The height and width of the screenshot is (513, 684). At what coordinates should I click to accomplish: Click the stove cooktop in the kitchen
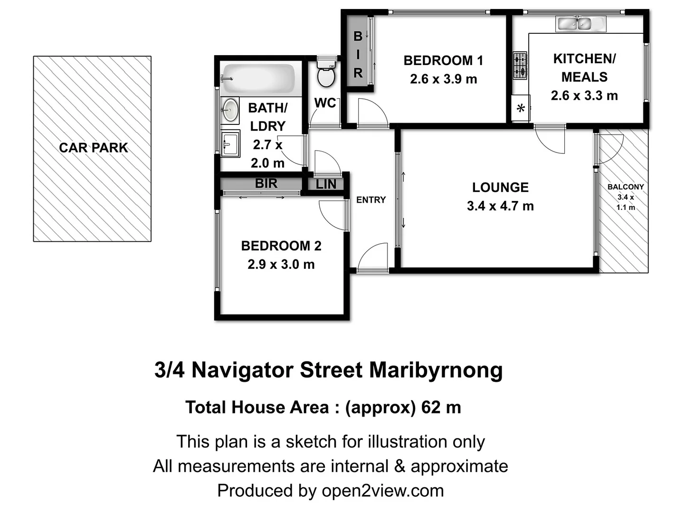coord(520,66)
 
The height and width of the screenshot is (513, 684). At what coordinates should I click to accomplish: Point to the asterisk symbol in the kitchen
coord(521,109)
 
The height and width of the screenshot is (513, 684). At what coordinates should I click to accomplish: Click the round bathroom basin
coord(230,110)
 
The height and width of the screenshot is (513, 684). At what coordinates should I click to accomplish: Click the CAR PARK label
coord(94,148)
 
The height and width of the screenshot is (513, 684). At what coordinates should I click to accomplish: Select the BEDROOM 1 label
coord(443,61)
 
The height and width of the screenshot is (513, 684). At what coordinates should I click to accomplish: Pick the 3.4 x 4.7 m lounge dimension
coord(500,206)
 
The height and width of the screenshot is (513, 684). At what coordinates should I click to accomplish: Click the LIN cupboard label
coord(326,184)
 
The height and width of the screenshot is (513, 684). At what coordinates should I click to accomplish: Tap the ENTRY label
coord(371,200)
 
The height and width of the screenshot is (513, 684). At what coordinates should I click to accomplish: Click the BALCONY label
coord(626,187)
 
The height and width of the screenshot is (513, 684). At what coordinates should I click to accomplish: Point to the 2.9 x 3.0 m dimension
coord(281,265)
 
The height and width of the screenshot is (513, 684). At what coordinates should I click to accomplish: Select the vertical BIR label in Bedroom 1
coord(358,55)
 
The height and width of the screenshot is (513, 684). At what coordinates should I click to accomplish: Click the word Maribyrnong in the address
coord(436,370)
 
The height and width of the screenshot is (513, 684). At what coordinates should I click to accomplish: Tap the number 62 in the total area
coord(430,408)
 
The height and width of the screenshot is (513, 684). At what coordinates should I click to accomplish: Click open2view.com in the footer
coord(383,491)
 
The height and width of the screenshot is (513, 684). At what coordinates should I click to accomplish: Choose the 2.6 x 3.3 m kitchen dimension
coord(584,96)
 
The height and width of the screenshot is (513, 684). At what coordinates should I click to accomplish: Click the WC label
coord(325,103)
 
